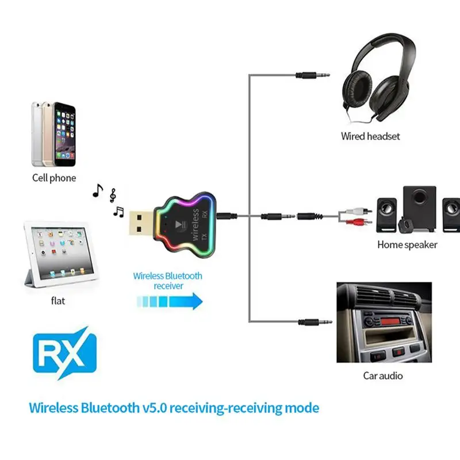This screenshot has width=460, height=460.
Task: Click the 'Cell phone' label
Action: pos(54,178)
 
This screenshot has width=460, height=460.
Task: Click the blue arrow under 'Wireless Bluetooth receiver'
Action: pos(170,301)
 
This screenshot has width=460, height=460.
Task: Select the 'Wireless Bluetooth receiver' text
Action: pos(168,281)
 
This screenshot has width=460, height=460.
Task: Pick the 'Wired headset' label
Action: pos(370,136)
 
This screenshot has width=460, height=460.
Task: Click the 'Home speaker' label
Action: pos(407,244)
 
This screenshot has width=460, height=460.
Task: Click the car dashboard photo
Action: pos(384,321)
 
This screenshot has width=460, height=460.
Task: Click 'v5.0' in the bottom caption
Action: pos(156,409)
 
